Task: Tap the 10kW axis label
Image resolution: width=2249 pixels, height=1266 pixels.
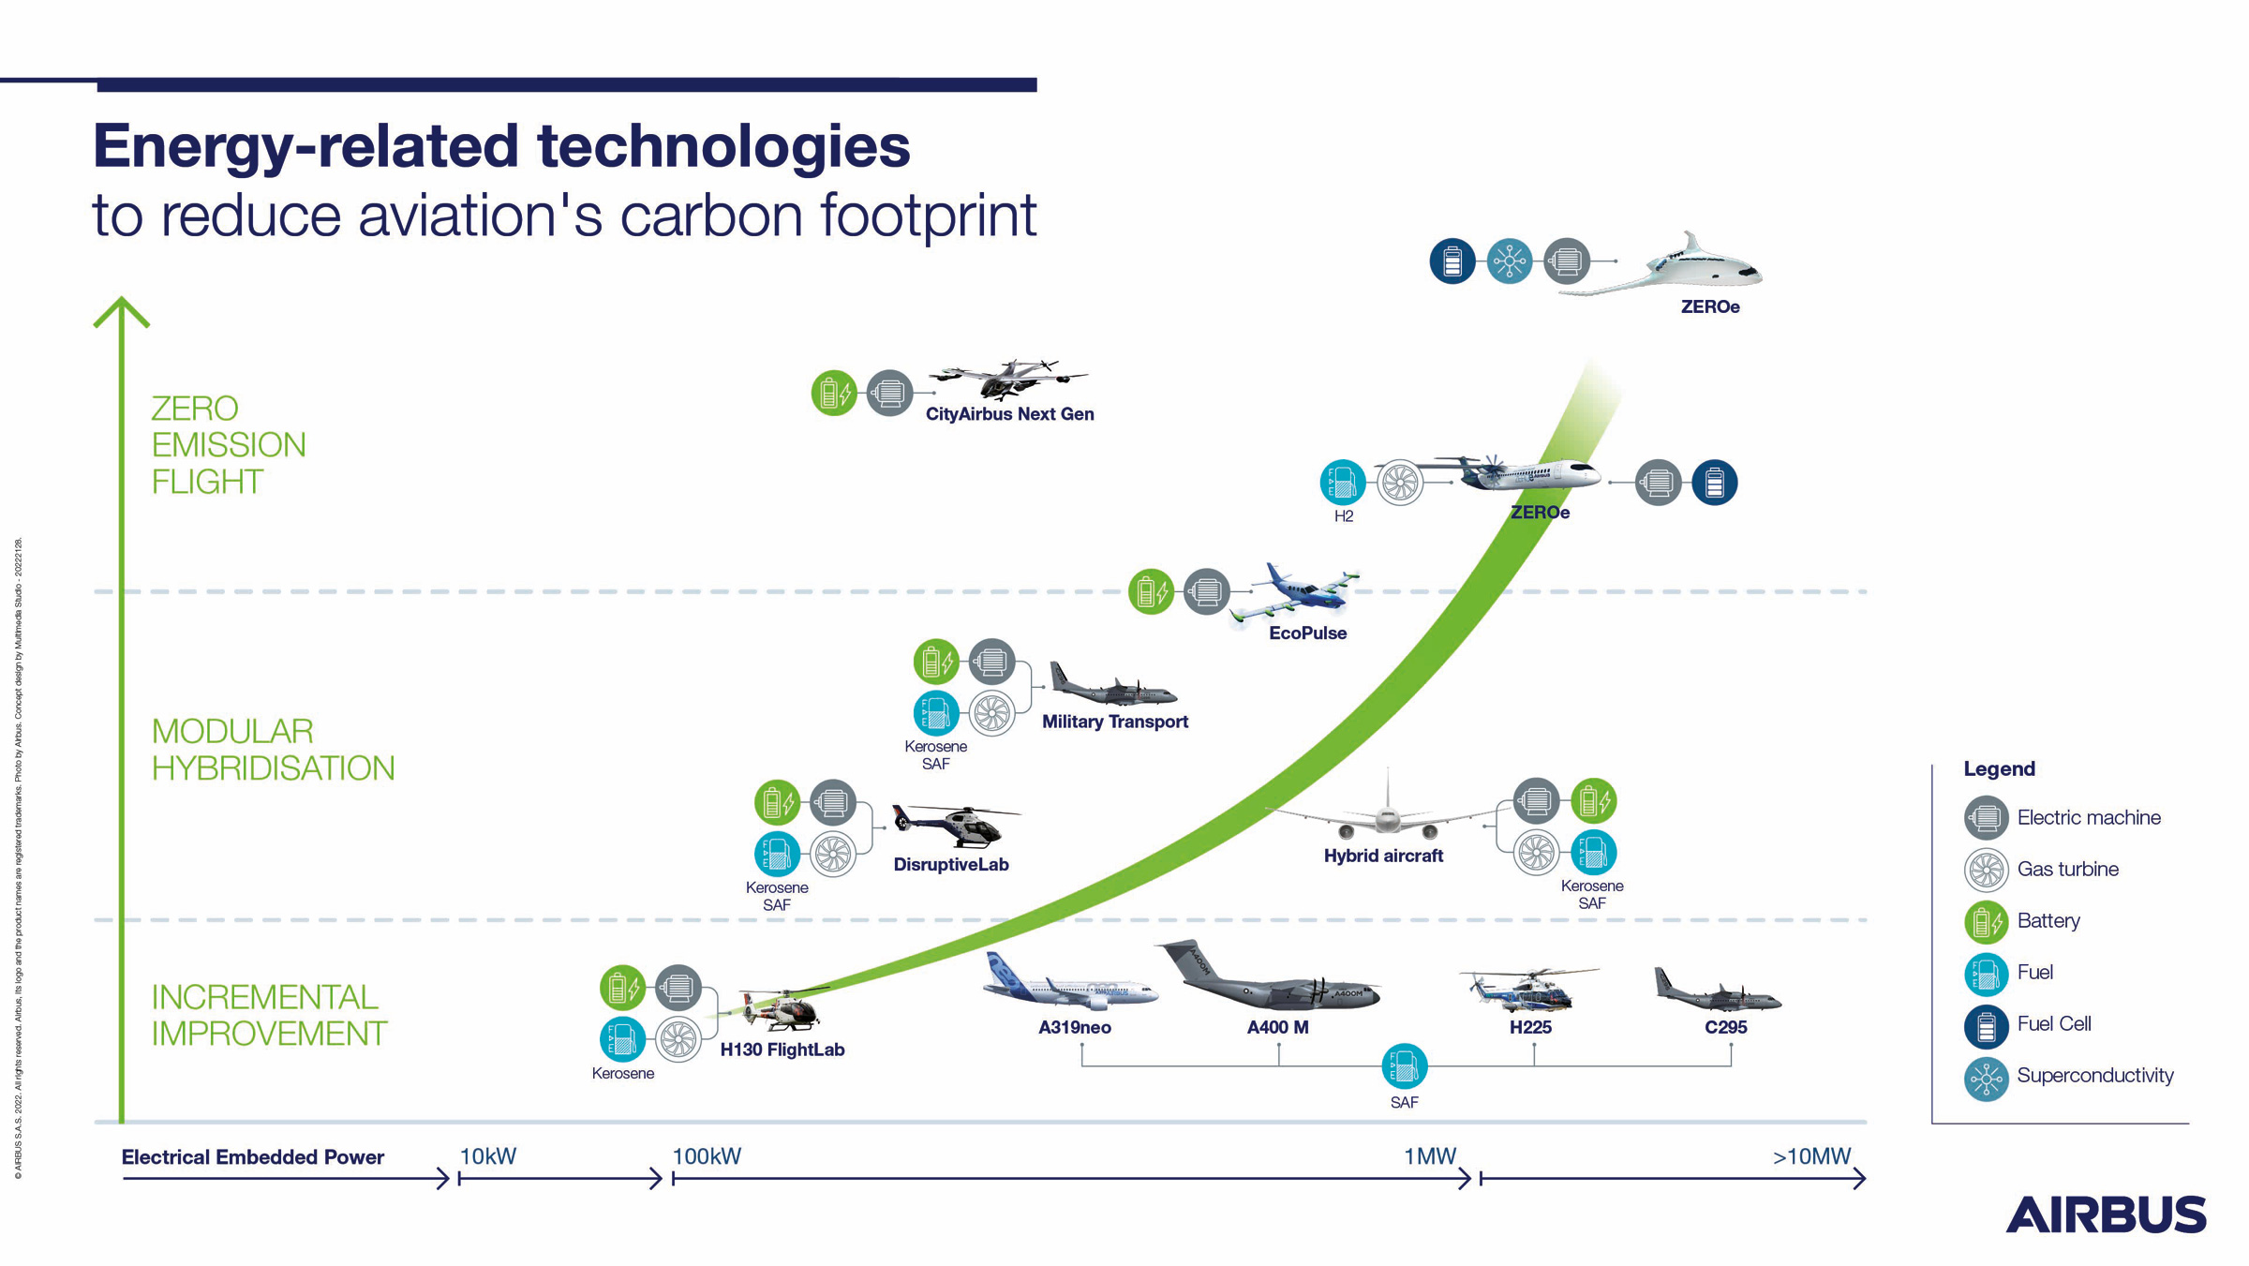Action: [487, 1156]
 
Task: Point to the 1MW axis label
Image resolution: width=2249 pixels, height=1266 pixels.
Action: [1429, 1156]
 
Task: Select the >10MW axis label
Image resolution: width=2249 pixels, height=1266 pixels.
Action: [1811, 1156]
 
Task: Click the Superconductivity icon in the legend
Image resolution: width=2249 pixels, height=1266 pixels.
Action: [1986, 1080]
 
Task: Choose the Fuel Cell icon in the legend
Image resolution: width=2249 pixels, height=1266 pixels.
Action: [1986, 1027]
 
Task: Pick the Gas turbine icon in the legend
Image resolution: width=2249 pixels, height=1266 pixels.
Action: [1986, 870]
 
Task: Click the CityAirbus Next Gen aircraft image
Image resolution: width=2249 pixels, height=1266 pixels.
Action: [1007, 379]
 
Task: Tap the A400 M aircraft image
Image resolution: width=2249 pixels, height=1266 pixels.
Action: [1270, 979]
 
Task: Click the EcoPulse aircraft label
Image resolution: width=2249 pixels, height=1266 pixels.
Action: [1307, 633]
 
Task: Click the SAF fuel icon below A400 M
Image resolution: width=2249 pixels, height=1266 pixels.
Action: [1404, 1065]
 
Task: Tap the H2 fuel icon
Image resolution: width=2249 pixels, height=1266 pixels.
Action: [1342, 483]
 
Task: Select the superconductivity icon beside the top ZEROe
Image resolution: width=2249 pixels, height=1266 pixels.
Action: [1509, 261]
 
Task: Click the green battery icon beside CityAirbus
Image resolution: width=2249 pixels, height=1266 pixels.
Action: [833, 393]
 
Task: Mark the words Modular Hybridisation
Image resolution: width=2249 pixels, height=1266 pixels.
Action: [273, 750]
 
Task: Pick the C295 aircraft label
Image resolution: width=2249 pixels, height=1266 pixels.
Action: [1725, 1027]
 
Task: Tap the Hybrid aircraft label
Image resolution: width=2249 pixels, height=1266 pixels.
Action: [1383, 856]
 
